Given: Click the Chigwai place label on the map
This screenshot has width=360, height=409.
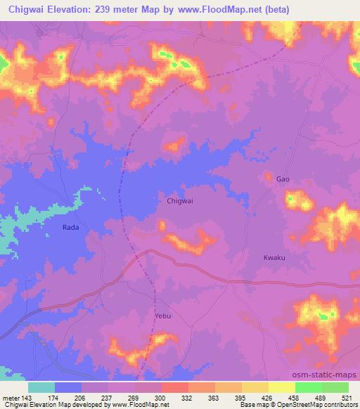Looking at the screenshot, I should tap(181, 200).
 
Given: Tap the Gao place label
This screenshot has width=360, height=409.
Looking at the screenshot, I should tap(283, 179).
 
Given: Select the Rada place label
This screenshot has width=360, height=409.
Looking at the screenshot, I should tap(70, 227).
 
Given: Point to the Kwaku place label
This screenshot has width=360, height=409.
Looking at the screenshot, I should tap(274, 258).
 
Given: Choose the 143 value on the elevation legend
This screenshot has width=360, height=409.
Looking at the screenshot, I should tap(28, 397).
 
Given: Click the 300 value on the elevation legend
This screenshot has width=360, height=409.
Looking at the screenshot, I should tap(161, 397).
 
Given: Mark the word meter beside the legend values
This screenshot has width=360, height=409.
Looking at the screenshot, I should tap(11, 397).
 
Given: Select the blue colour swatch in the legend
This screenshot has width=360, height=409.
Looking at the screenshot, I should tap(68, 387).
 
